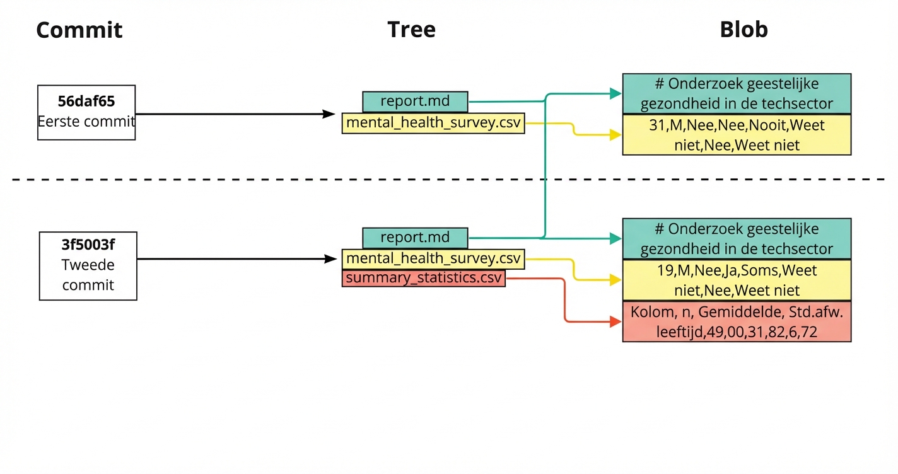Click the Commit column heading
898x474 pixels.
pos(79,30)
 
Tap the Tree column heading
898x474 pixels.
pos(411,29)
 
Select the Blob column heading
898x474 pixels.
pos(743,29)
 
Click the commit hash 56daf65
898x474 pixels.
pos(86,101)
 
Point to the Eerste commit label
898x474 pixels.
pos(86,121)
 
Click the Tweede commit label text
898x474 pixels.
pos(88,275)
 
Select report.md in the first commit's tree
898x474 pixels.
pos(415,101)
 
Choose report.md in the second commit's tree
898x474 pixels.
pos(415,238)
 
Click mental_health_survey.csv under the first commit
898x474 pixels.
pos(433,123)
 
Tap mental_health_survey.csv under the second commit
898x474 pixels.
pos(433,258)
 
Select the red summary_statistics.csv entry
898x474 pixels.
pos(423,278)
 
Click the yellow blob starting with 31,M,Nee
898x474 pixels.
pos(737,135)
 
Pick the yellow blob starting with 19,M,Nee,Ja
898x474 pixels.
pos(737,280)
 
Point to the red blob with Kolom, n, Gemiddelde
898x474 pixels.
pos(737,322)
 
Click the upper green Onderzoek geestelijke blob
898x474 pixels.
pos(737,94)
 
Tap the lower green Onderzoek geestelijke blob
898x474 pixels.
pos(737,238)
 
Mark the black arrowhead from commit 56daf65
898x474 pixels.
pos(329,114)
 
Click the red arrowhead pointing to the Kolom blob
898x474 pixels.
pos(615,322)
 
